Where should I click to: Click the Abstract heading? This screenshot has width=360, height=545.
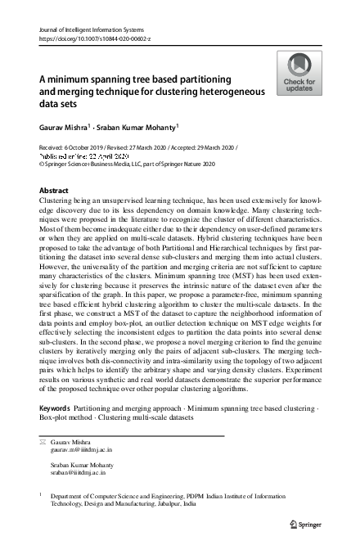pyautogui.click(x=54, y=190)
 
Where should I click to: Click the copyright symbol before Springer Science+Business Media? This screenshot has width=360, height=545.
pyautogui.click(x=43, y=164)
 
